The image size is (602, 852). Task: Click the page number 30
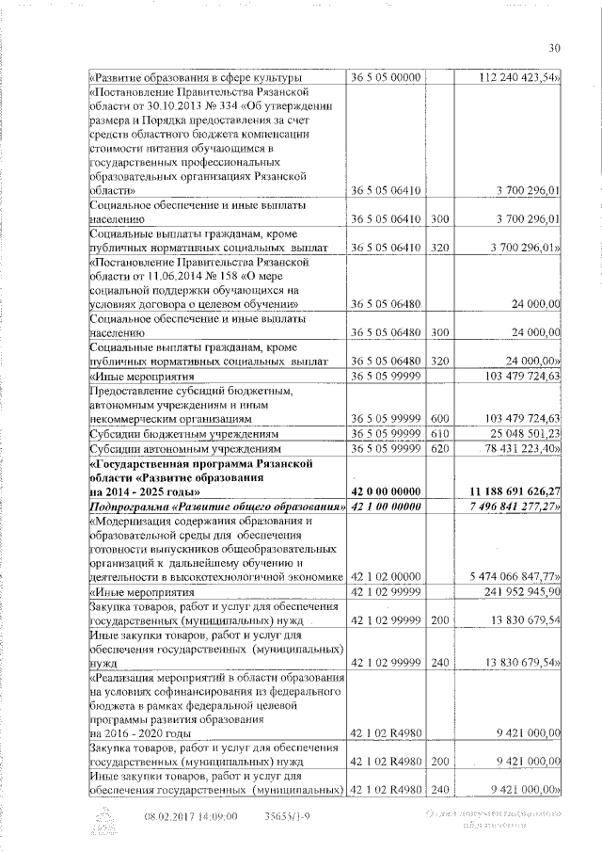pyautogui.click(x=554, y=50)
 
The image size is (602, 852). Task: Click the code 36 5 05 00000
pyautogui.click(x=385, y=77)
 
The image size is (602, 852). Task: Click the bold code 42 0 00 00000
pyautogui.click(x=385, y=490)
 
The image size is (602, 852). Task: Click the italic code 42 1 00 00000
pyautogui.click(x=385, y=506)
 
